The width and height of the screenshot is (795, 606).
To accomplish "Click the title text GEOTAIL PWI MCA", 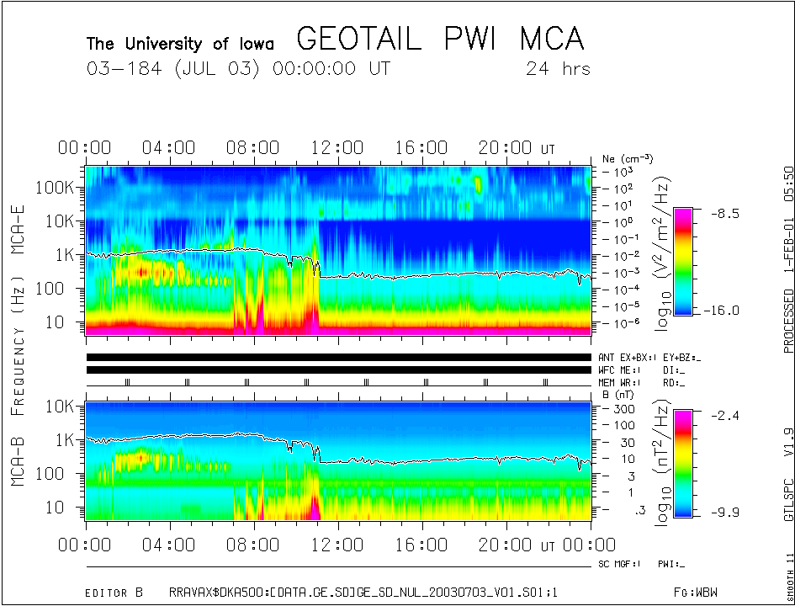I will point(440,39).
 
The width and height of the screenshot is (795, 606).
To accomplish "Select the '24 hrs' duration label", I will point(558,68).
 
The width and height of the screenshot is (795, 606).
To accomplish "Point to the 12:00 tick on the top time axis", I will point(337,149).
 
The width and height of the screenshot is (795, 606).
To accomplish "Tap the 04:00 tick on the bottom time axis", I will point(169,545).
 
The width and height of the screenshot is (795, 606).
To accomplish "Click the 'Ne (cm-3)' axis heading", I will point(628,158).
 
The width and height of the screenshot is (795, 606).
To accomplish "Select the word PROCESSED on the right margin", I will point(788,320).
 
